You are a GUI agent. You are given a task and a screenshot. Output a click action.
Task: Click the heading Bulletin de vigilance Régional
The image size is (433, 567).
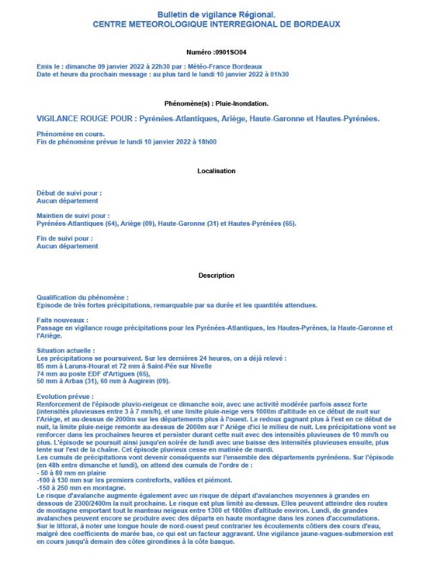click(216, 14)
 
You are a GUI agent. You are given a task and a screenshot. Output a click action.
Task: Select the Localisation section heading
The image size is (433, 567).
click(216, 171)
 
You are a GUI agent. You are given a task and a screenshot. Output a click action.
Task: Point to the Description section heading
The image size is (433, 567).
click(216, 276)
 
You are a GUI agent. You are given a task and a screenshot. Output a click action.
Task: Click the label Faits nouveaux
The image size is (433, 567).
click(62, 320)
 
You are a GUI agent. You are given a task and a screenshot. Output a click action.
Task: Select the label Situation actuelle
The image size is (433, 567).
click(66, 351)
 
